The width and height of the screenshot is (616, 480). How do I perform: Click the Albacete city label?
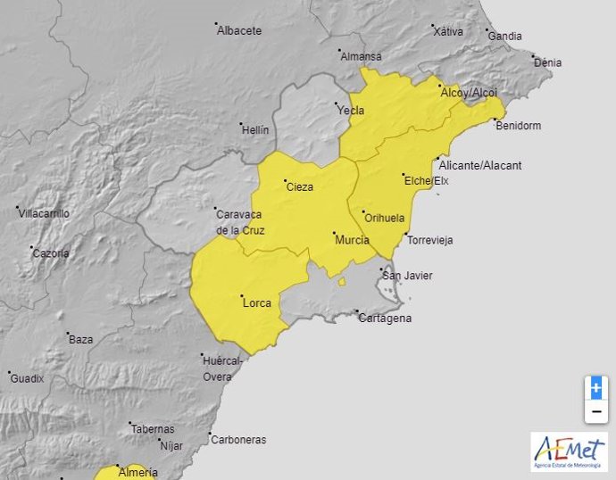(x=240, y=30)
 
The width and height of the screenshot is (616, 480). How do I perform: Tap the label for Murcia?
(x=352, y=240)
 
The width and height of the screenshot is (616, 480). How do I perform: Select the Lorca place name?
(x=257, y=303)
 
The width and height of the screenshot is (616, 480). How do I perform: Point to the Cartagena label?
(x=386, y=319)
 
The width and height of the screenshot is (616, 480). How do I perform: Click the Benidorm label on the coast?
(x=519, y=126)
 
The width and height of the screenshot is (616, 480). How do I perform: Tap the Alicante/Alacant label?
(x=481, y=166)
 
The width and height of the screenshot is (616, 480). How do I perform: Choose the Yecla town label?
(x=352, y=111)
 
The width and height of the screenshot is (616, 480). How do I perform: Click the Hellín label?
(x=255, y=130)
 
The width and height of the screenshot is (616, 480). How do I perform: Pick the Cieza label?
(x=299, y=187)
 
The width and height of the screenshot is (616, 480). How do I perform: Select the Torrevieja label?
(x=430, y=241)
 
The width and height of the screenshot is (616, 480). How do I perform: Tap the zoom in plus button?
(x=596, y=389)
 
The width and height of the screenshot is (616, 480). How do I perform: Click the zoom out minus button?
(x=596, y=411)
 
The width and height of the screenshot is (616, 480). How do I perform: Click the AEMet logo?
(x=569, y=451)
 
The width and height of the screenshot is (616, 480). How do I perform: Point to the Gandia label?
(x=505, y=37)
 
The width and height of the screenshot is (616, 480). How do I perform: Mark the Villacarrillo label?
(x=45, y=213)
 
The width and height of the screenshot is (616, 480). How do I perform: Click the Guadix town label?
(x=28, y=378)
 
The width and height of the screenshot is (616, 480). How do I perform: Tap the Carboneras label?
(x=238, y=440)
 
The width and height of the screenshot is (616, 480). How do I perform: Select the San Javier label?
(x=408, y=276)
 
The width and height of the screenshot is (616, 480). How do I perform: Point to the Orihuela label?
(x=385, y=218)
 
